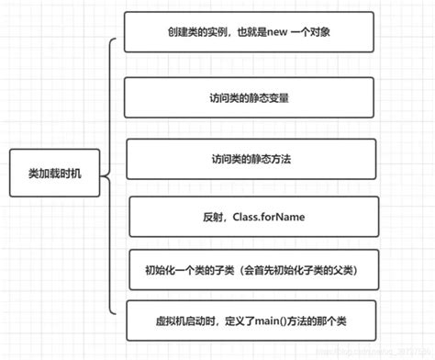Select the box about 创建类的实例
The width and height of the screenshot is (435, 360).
point(249,34)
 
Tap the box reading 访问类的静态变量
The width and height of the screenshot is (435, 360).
point(249,97)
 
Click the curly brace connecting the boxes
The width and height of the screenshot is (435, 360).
point(109,173)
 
